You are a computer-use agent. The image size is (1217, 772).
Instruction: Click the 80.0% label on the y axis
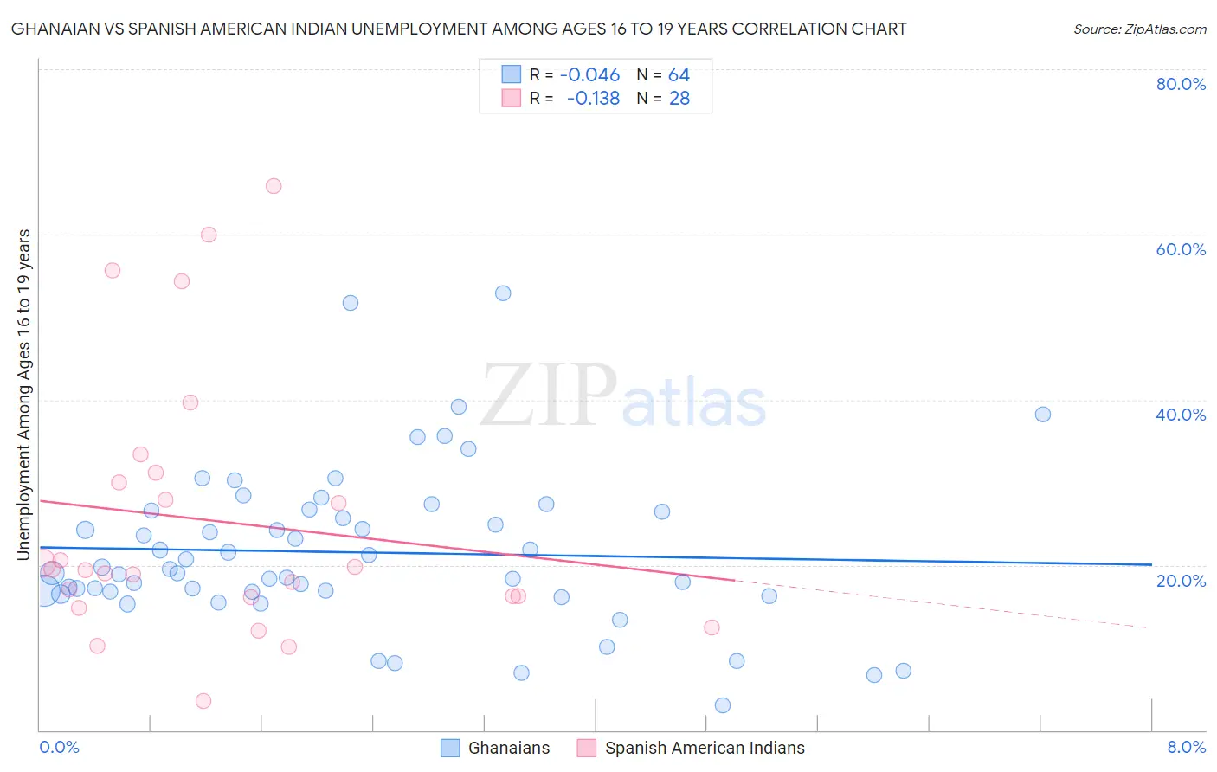pyautogui.click(x=1181, y=84)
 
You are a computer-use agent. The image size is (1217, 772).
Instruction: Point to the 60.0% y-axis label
pyautogui.click(x=1181, y=249)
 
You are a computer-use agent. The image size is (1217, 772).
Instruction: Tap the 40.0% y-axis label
pyautogui.click(x=1181, y=415)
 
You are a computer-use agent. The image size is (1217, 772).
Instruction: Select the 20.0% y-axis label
pyautogui.click(x=1181, y=580)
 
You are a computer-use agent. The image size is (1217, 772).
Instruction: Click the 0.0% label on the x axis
pyautogui.click(x=59, y=747)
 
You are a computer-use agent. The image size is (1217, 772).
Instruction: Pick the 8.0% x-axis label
pyautogui.click(x=1186, y=747)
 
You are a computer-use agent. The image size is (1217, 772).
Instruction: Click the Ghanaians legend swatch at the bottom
pyautogui.click(x=450, y=748)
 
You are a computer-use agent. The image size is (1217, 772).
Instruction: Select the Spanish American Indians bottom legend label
pyautogui.click(x=705, y=748)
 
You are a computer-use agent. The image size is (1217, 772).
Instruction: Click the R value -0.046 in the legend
pyautogui.click(x=590, y=75)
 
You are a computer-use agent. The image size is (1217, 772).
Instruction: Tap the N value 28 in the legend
pyautogui.click(x=679, y=99)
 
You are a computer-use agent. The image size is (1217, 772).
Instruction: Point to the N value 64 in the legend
pyautogui.click(x=679, y=75)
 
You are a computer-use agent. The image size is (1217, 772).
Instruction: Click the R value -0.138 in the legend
pyautogui.click(x=593, y=99)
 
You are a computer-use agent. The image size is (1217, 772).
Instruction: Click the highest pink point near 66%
pyautogui.click(x=274, y=186)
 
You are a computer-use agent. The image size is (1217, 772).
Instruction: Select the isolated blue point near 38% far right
pyautogui.click(x=1043, y=415)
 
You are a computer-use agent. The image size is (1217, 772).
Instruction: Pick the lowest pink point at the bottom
pyautogui.click(x=203, y=701)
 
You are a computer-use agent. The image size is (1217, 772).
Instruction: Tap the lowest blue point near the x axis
pyautogui.click(x=723, y=705)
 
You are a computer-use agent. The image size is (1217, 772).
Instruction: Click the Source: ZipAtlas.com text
pyautogui.click(x=1139, y=29)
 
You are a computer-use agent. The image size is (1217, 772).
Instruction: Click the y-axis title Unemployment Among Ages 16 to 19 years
pyautogui.click(x=24, y=394)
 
